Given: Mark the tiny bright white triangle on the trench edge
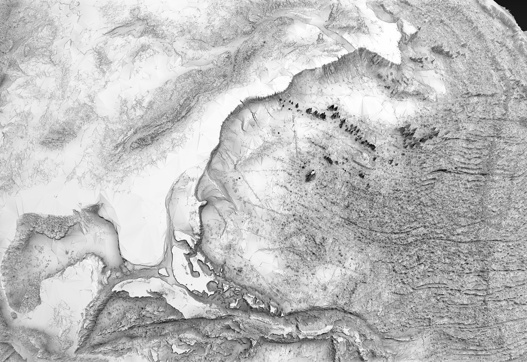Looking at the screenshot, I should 283,315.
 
